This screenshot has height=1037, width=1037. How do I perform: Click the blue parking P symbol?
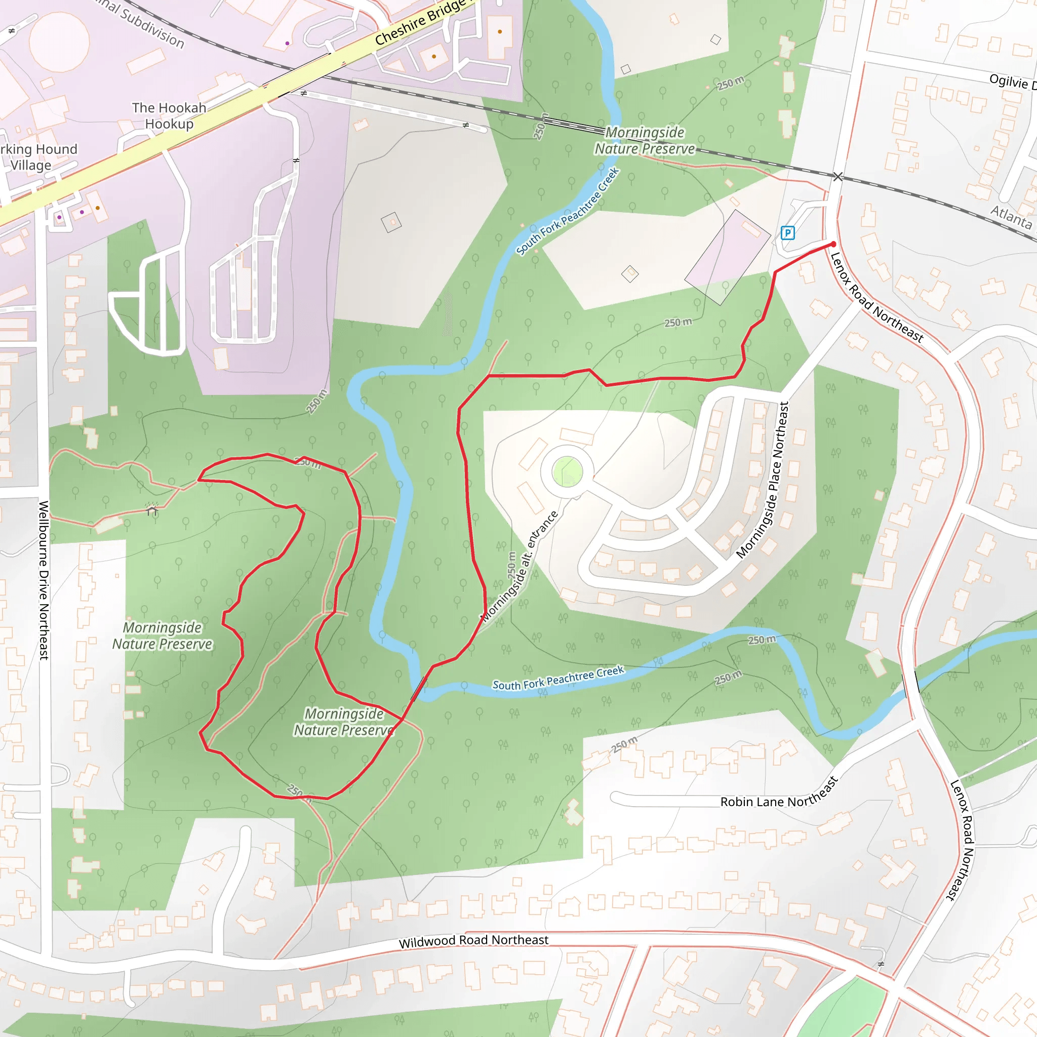(787, 232)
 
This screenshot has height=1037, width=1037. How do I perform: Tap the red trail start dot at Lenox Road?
(833, 244)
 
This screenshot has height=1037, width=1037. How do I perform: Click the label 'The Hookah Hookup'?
(169, 115)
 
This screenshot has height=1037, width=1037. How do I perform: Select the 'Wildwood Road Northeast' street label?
(473, 940)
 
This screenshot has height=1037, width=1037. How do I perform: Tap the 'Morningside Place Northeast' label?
(763, 481)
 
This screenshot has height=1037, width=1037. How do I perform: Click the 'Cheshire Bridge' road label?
(421, 21)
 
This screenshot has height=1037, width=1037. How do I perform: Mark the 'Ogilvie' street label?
(1012, 82)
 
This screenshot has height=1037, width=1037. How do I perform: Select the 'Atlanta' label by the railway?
(1011, 216)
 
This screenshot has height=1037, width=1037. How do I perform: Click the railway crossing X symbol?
(837, 177)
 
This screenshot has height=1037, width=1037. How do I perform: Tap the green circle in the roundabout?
(567, 472)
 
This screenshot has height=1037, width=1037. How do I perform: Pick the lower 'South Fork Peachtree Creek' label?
(558, 678)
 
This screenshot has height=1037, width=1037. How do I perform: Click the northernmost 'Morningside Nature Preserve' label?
(645, 141)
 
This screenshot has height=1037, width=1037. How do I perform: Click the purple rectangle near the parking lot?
(728, 257)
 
